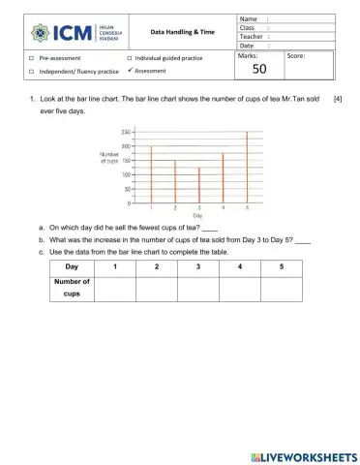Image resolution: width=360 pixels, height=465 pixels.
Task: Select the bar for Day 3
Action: (199, 185)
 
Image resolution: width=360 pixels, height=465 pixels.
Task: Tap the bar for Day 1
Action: (152, 174)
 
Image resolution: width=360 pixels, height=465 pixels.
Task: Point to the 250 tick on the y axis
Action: (127, 132)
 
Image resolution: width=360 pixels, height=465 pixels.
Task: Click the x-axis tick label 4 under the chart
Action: (223, 208)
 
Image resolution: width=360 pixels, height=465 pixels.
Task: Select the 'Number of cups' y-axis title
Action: (110, 157)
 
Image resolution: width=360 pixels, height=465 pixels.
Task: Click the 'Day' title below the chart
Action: (197, 216)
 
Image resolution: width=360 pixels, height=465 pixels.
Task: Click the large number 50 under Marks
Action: (258, 70)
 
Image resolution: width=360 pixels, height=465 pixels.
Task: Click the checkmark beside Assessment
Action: (130, 71)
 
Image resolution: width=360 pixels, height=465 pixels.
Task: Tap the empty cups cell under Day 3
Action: (197, 288)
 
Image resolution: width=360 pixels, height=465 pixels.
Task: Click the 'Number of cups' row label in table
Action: (72, 288)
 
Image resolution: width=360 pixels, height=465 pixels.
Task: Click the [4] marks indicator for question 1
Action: (337, 100)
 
